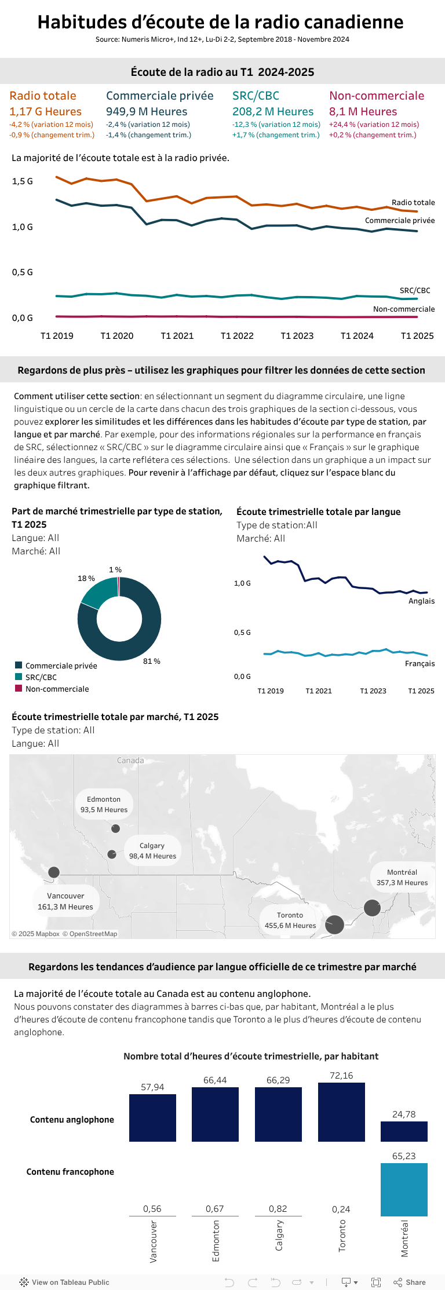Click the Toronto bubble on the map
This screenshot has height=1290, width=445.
coord(334,924)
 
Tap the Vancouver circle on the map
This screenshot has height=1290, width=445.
coord(54,872)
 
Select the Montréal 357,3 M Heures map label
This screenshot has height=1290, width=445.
coord(402,878)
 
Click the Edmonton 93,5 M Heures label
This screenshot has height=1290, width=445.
coord(104,805)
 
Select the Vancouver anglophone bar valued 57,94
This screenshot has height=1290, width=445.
coord(152,1117)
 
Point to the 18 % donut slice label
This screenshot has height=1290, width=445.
coord(86,579)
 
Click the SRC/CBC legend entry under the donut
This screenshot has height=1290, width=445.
coord(41,677)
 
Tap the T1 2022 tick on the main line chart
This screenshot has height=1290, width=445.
coord(237,336)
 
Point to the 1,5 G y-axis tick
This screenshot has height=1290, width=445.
coord(23,181)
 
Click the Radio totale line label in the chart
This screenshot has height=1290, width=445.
coord(413,203)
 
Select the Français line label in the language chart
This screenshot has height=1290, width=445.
coord(420,664)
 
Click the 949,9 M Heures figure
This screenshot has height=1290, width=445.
coord(147,112)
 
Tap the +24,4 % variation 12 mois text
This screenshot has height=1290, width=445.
coord(374,125)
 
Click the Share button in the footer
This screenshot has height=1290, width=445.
coord(410,1282)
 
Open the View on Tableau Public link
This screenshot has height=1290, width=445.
coord(64,1282)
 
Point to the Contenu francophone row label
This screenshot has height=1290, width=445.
coord(70,1172)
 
